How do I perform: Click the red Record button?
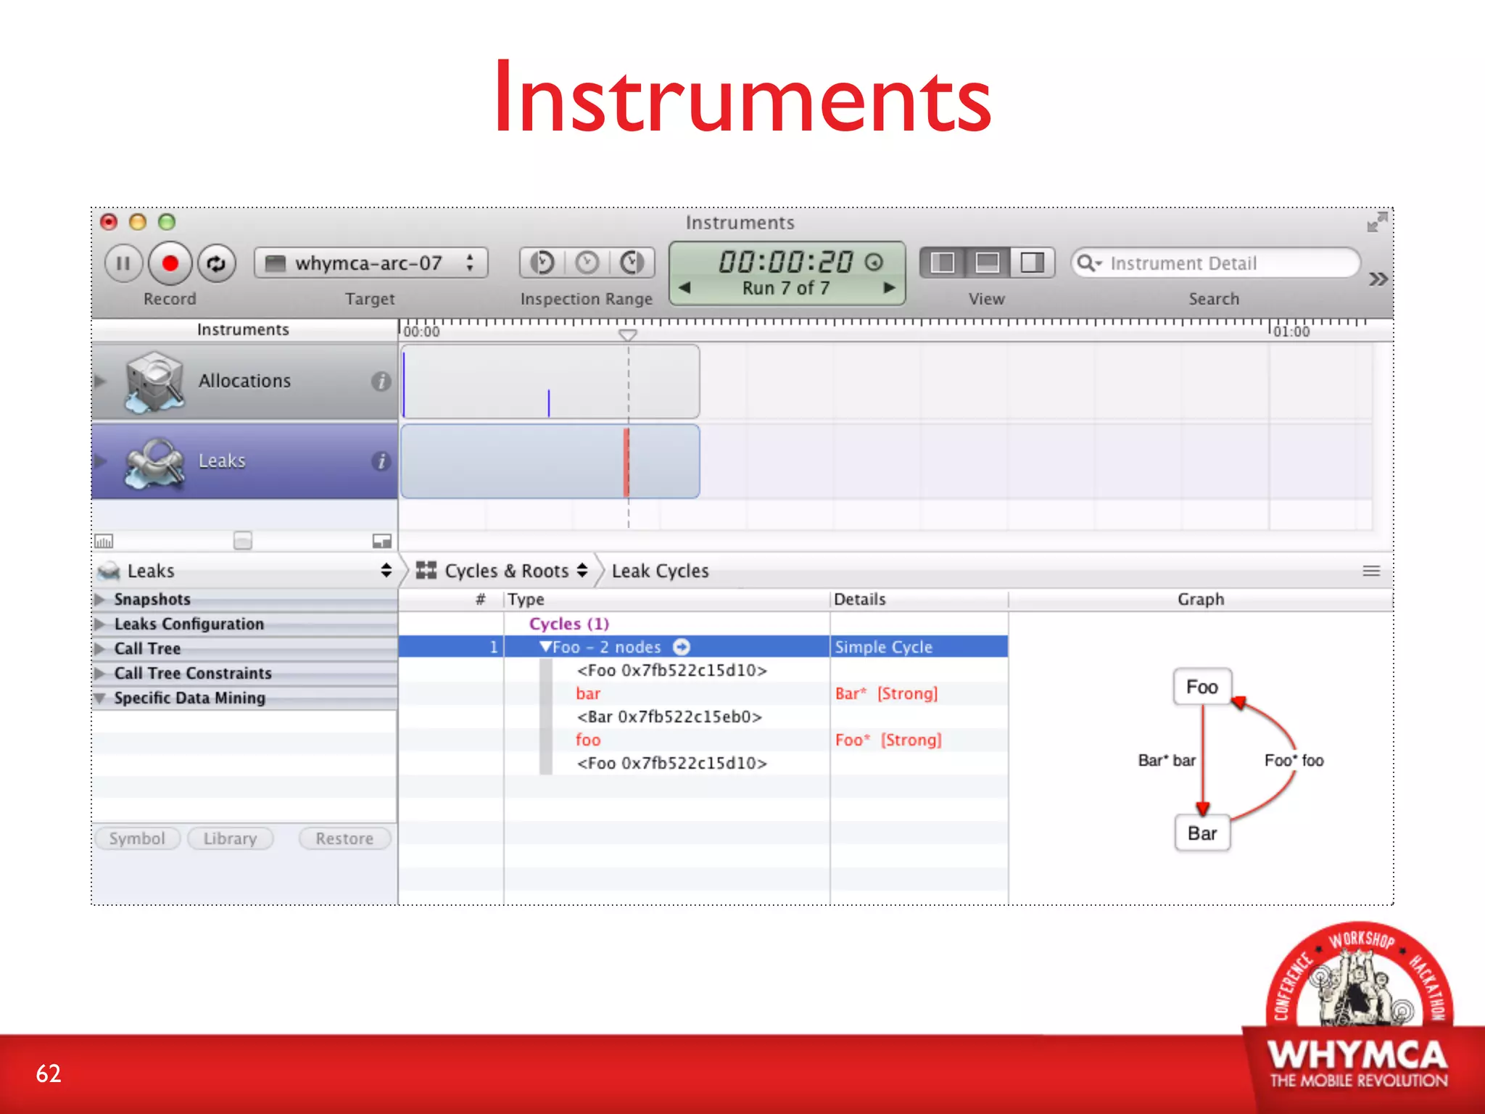click(170, 263)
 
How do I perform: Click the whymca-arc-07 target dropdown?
click(371, 263)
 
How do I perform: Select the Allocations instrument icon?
click(153, 381)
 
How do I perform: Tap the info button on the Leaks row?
click(381, 461)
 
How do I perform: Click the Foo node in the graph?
click(1201, 687)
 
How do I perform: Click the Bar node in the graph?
click(1201, 833)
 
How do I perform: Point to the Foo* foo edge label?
click(1294, 760)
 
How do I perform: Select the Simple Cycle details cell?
click(918, 647)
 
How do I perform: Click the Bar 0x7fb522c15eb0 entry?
click(669, 717)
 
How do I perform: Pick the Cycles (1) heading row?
click(569, 624)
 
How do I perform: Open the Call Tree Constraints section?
click(193, 673)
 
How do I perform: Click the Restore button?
click(344, 838)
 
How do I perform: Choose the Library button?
click(230, 838)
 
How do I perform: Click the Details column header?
click(860, 599)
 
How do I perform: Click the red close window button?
click(109, 222)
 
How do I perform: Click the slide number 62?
click(49, 1073)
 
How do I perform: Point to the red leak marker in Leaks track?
click(626, 461)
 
